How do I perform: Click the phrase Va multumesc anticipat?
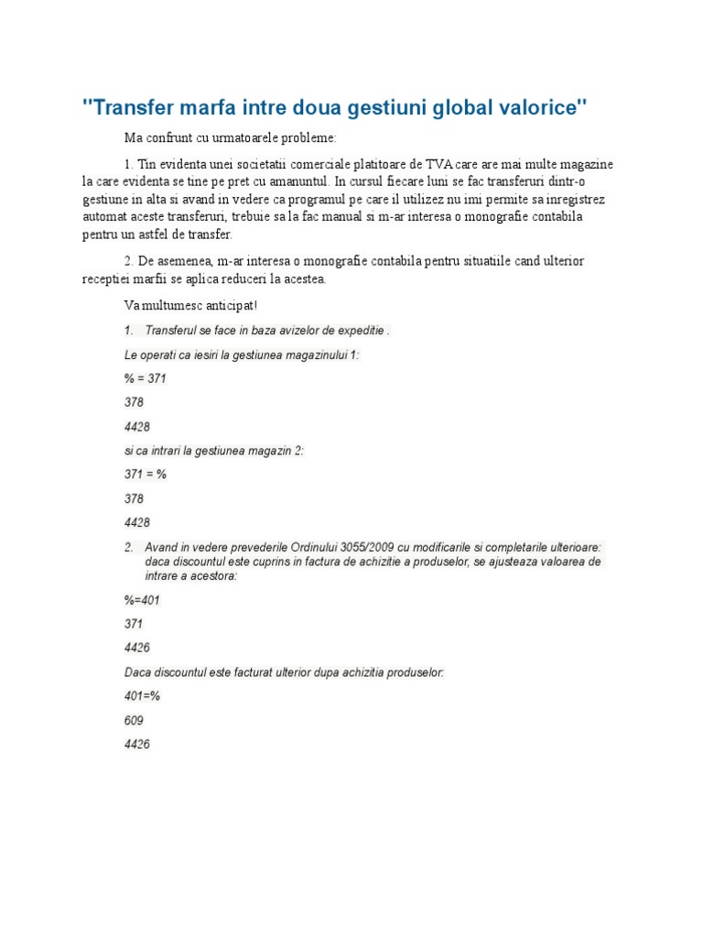click(x=185, y=304)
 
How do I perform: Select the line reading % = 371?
click(x=145, y=378)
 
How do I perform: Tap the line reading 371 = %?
click(x=145, y=474)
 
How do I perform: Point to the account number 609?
click(x=134, y=721)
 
